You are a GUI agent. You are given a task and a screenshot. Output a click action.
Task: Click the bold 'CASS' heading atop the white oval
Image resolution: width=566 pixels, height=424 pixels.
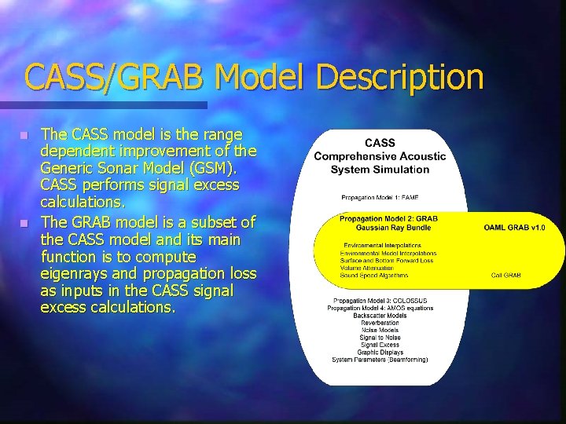[x=380, y=143]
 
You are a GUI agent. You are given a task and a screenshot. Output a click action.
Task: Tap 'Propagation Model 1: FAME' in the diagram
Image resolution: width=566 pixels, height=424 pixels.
[x=380, y=197]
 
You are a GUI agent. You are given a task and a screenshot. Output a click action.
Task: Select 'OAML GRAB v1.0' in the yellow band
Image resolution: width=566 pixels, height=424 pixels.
[x=513, y=228]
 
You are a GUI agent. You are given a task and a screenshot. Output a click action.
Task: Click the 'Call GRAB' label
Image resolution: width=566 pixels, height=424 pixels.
[x=506, y=276]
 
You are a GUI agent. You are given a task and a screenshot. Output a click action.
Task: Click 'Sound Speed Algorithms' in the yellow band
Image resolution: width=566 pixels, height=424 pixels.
[x=374, y=276]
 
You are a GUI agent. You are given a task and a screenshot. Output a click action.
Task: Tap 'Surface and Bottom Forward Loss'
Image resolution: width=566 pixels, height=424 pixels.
[x=387, y=261]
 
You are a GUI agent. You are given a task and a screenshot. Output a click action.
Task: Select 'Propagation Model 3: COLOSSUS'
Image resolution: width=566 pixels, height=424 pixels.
[x=380, y=301]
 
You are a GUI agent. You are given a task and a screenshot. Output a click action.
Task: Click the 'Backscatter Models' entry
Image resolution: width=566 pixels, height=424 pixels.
[x=380, y=316]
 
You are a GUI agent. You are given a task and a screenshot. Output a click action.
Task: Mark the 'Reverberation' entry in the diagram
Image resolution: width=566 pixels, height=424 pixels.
[x=380, y=323]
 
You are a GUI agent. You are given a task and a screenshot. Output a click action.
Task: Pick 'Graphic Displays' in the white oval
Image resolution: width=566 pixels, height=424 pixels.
[x=380, y=352]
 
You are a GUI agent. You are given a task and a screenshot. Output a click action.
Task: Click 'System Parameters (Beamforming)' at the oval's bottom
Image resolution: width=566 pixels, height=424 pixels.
[x=380, y=360]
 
